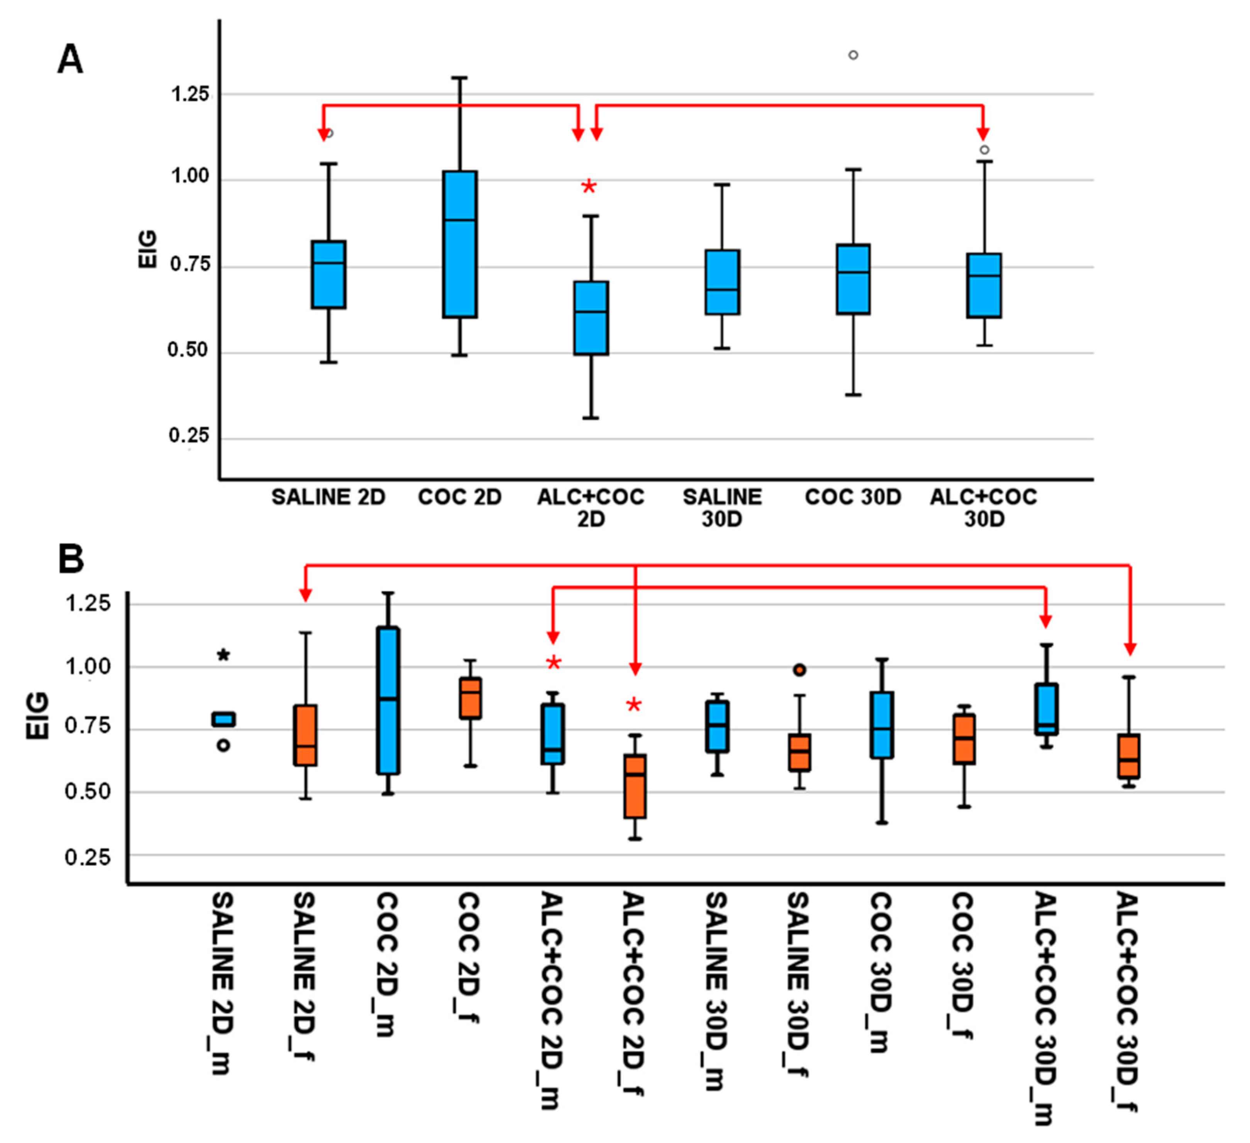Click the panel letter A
pyautogui.click(x=70, y=60)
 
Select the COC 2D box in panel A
pyautogui.click(x=459, y=244)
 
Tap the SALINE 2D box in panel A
pyautogui.click(x=329, y=274)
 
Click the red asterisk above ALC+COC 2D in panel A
pyautogui.click(x=588, y=187)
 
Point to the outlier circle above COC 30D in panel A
pyautogui.click(x=853, y=55)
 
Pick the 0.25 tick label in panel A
pyautogui.click(x=188, y=436)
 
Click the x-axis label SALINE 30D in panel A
pyautogui.click(x=722, y=507)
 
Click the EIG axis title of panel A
pyautogui.click(x=147, y=249)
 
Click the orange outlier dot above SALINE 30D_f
pyautogui.click(x=800, y=670)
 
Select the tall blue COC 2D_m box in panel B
pyautogui.click(x=388, y=700)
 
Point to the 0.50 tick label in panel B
pyautogui.click(x=87, y=792)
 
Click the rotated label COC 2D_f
pyautogui.click(x=469, y=958)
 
